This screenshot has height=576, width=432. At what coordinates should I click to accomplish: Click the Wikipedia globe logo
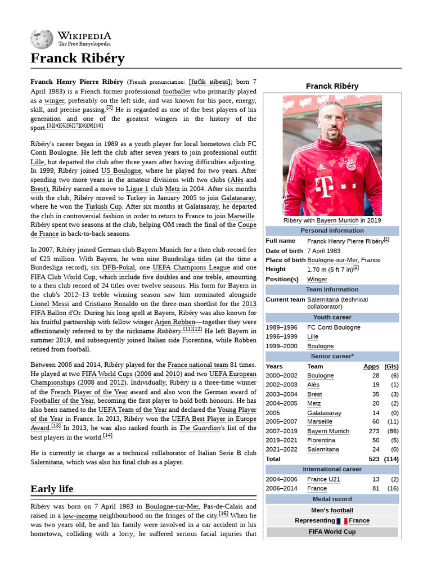tap(42, 39)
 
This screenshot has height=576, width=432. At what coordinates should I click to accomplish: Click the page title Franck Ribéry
tap(77, 58)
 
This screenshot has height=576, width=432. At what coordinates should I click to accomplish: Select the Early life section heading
tap(52, 488)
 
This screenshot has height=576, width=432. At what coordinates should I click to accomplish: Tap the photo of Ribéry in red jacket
tap(332, 155)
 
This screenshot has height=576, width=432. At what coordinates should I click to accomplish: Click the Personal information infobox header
tap(332, 231)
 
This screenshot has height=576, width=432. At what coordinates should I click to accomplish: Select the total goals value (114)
tap(391, 459)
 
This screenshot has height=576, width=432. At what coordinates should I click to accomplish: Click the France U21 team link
tap(323, 479)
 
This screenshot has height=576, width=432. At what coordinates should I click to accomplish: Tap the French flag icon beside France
tap(342, 521)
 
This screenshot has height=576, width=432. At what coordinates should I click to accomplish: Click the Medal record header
tap(332, 499)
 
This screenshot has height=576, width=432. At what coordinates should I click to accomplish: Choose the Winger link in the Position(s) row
tap(317, 279)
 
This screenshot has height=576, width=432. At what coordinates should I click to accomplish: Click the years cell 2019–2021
tap(282, 440)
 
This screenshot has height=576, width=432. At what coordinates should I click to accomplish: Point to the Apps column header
tap(371, 366)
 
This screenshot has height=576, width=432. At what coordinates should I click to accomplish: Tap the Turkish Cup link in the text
tap(103, 206)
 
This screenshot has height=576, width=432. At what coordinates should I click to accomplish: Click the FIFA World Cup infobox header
tap(332, 532)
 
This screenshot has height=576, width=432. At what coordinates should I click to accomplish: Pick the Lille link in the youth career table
tap(313, 336)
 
